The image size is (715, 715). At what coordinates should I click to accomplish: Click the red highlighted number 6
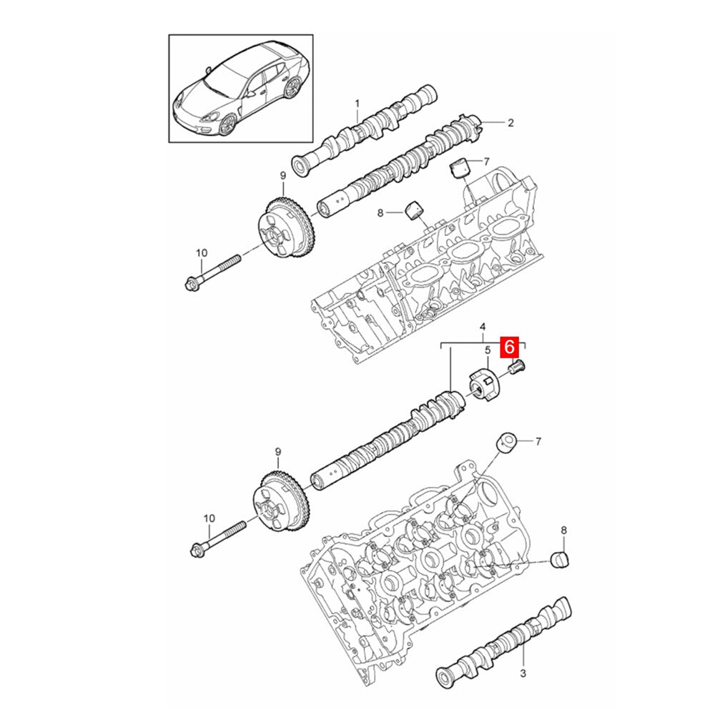510,347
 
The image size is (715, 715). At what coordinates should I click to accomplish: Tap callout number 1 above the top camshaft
357,104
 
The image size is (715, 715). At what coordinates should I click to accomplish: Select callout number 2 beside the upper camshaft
511,123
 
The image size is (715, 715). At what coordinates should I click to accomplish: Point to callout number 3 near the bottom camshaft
523,673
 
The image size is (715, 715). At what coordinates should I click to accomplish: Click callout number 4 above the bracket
483,327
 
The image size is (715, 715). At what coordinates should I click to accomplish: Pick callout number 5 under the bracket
487,350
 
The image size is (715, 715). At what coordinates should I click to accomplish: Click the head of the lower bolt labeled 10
197,548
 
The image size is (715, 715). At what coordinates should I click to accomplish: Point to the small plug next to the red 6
517,366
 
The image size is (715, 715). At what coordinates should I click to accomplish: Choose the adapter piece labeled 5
485,385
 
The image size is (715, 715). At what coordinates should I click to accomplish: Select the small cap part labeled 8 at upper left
414,209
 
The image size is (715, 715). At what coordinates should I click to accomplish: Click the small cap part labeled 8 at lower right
560,559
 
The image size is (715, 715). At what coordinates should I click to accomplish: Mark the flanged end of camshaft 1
300,166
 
